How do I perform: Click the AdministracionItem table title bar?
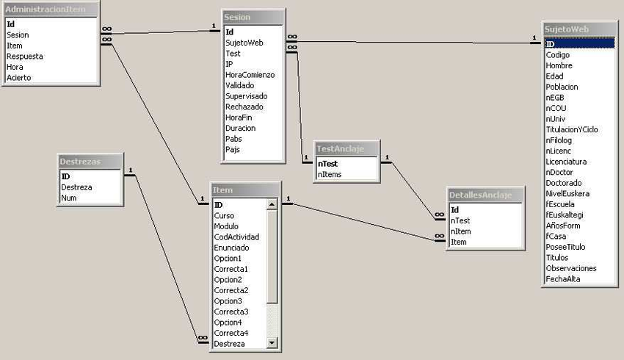tap(50, 10)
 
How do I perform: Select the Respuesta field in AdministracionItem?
tap(25, 56)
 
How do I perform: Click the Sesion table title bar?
tap(253, 17)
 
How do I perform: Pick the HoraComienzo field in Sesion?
tap(250, 74)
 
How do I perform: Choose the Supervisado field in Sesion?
tap(246, 96)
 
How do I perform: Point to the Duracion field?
tap(240, 128)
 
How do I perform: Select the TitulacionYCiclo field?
tap(572, 129)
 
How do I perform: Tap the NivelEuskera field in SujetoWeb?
tap(567, 193)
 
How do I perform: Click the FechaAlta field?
tap(563, 278)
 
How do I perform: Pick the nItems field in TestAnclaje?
tap(329, 174)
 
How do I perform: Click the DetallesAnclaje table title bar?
tap(485, 194)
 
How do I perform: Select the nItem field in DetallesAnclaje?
tap(461, 231)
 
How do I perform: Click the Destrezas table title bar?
tap(90, 161)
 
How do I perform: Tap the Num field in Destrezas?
tap(69, 198)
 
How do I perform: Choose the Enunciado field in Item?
tap(233, 248)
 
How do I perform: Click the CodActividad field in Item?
tap(236, 237)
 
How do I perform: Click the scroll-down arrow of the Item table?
tap(272, 342)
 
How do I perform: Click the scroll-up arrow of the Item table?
tap(272, 205)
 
